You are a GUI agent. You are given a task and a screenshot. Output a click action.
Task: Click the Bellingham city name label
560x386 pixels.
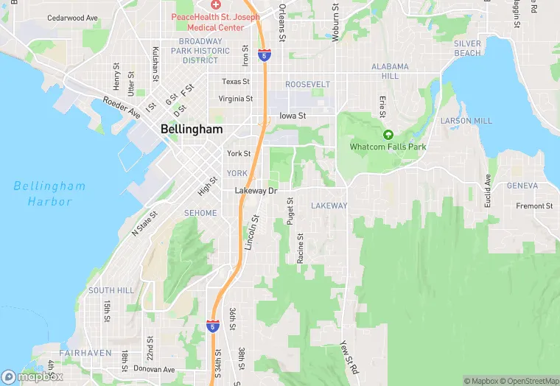click(x=191, y=129)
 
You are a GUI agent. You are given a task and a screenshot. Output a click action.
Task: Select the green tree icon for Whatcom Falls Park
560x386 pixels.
click(x=388, y=135)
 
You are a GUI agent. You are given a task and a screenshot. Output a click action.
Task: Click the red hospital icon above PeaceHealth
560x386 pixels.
click(x=215, y=4)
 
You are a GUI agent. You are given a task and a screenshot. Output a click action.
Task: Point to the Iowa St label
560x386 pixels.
click(x=293, y=116)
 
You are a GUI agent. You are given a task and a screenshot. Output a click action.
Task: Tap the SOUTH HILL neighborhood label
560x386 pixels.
click(x=111, y=291)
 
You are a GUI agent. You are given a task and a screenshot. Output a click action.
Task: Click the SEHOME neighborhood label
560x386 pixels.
click(x=200, y=213)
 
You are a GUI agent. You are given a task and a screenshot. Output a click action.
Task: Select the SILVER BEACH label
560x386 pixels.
click(x=467, y=49)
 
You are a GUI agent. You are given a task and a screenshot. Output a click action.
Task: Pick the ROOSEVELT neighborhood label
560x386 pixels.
click(x=308, y=85)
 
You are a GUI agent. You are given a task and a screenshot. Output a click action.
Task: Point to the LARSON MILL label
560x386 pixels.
click(x=466, y=121)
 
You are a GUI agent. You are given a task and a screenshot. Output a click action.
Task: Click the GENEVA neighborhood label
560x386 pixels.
click(x=522, y=186)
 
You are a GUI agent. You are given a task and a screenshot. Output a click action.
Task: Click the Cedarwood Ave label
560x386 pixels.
click(x=72, y=18)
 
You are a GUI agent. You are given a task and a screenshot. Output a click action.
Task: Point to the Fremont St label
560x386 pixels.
click(x=534, y=206)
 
